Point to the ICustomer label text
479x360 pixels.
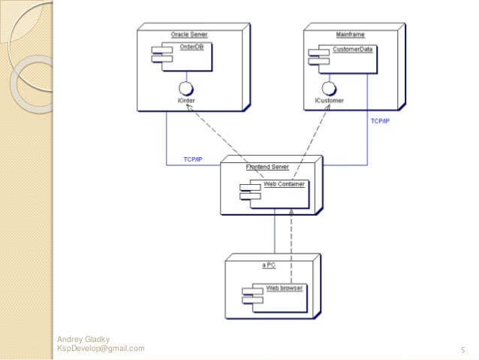330,100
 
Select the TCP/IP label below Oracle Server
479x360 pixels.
193,159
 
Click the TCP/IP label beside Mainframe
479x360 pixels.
379,120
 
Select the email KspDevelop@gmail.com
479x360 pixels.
101,349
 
